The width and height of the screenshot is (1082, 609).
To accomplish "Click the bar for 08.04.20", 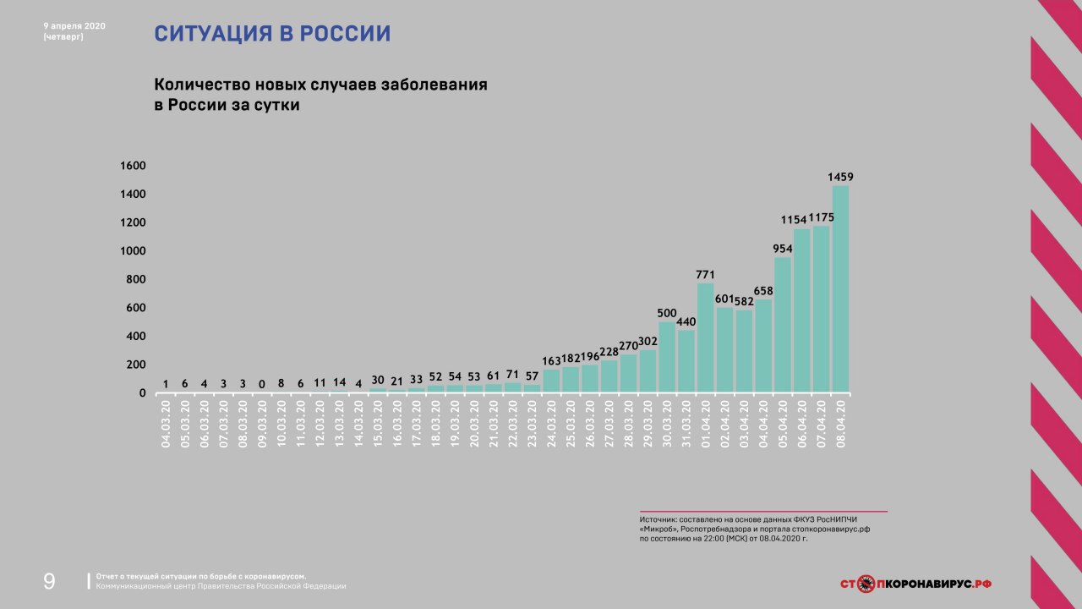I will pyautogui.click(x=840, y=289).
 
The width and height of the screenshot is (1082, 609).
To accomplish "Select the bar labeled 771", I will pyautogui.click(x=705, y=338).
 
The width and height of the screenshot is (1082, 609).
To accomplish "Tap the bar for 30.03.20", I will pyautogui.click(x=667, y=358).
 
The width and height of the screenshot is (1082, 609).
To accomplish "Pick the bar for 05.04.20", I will pyautogui.click(x=783, y=326).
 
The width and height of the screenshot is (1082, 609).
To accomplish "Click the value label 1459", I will pyautogui.click(x=840, y=177).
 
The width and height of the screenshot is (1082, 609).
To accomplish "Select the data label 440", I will pyautogui.click(x=686, y=321).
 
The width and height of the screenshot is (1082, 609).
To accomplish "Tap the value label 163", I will pyautogui.click(x=552, y=361).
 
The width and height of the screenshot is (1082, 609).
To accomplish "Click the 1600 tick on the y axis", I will pyautogui.click(x=133, y=166).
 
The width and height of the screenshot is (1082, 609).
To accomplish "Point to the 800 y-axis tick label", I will pyautogui.click(x=135, y=279).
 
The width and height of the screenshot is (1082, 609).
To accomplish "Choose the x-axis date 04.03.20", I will pyautogui.click(x=166, y=425).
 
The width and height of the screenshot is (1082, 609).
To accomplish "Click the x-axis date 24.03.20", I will pyautogui.click(x=552, y=425).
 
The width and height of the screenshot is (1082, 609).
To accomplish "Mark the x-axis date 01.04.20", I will pyautogui.click(x=706, y=425).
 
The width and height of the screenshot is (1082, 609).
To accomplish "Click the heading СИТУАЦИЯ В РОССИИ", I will pyautogui.click(x=272, y=34).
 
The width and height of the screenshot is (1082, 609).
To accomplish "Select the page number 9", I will pyautogui.click(x=49, y=581).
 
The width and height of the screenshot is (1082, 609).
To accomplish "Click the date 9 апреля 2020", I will pyautogui.click(x=74, y=25).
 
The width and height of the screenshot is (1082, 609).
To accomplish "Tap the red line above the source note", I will pyautogui.click(x=762, y=512).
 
